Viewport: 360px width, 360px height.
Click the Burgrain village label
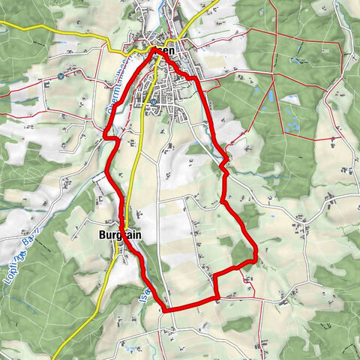(x=120, y=235)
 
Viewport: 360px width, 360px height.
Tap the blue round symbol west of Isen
(x=60, y=76)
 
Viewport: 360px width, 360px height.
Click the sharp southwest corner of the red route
(x=165, y=310)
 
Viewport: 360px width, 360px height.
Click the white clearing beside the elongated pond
(x=289, y=99)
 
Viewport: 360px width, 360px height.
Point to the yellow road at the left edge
(x=3, y=25)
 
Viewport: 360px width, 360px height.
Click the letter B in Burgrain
(x=102, y=235)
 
